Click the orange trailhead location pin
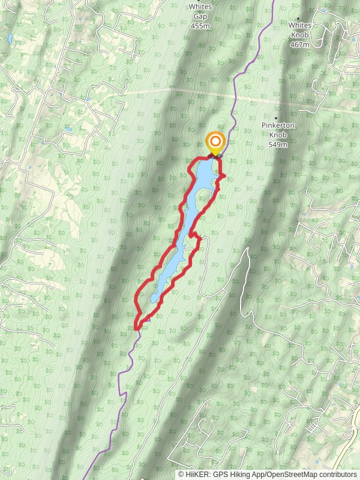click(x=215, y=143)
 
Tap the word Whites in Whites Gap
click(x=200, y=7)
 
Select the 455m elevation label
click(x=200, y=26)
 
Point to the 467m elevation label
click(x=298, y=44)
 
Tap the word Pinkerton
click(x=277, y=125)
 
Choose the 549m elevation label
click(x=278, y=145)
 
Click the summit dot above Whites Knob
click(x=298, y=18)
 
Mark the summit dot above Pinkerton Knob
click(x=276, y=118)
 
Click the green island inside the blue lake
click(x=203, y=196)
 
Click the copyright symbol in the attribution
click(x=181, y=474)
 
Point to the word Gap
click(x=200, y=17)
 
